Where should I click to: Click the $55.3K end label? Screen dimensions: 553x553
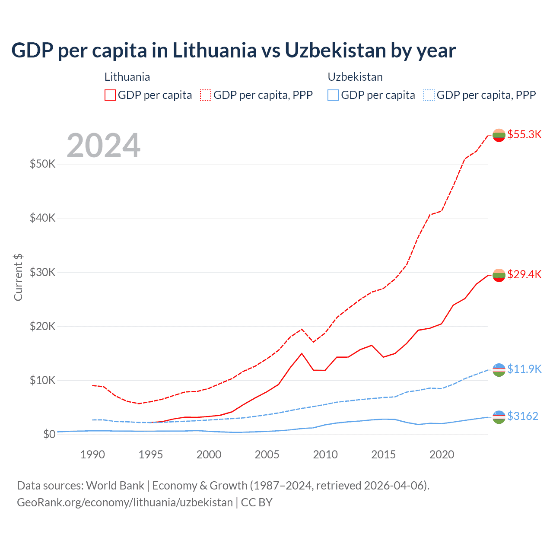(x=524, y=134)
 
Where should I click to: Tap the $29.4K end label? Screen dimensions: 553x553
(x=524, y=274)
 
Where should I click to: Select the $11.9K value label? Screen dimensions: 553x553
(x=524, y=369)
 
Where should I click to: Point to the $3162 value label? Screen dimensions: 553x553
(x=523, y=416)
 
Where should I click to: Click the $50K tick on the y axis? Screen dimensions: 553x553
(x=42, y=164)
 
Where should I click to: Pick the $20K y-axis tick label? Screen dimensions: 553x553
(x=42, y=326)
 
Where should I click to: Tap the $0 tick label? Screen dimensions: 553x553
(x=49, y=434)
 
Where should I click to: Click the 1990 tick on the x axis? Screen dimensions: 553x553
(x=93, y=454)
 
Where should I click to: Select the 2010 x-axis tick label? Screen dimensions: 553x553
(x=325, y=454)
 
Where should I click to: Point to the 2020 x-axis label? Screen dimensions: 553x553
(x=442, y=454)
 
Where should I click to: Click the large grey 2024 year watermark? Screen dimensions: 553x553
(x=104, y=146)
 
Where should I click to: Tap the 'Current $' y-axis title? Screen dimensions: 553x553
(x=18, y=277)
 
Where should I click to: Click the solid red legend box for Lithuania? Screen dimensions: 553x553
(x=110, y=95)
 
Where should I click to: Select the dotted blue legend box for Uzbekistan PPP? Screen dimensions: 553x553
(x=429, y=95)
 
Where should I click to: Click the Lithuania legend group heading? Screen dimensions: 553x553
(x=127, y=77)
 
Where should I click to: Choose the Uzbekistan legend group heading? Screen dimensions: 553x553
(x=355, y=77)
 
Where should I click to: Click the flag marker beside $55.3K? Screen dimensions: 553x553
(x=499, y=135)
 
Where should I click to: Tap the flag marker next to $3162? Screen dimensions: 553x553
(x=499, y=416)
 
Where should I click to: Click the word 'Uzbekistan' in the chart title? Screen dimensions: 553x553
(x=335, y=50)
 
